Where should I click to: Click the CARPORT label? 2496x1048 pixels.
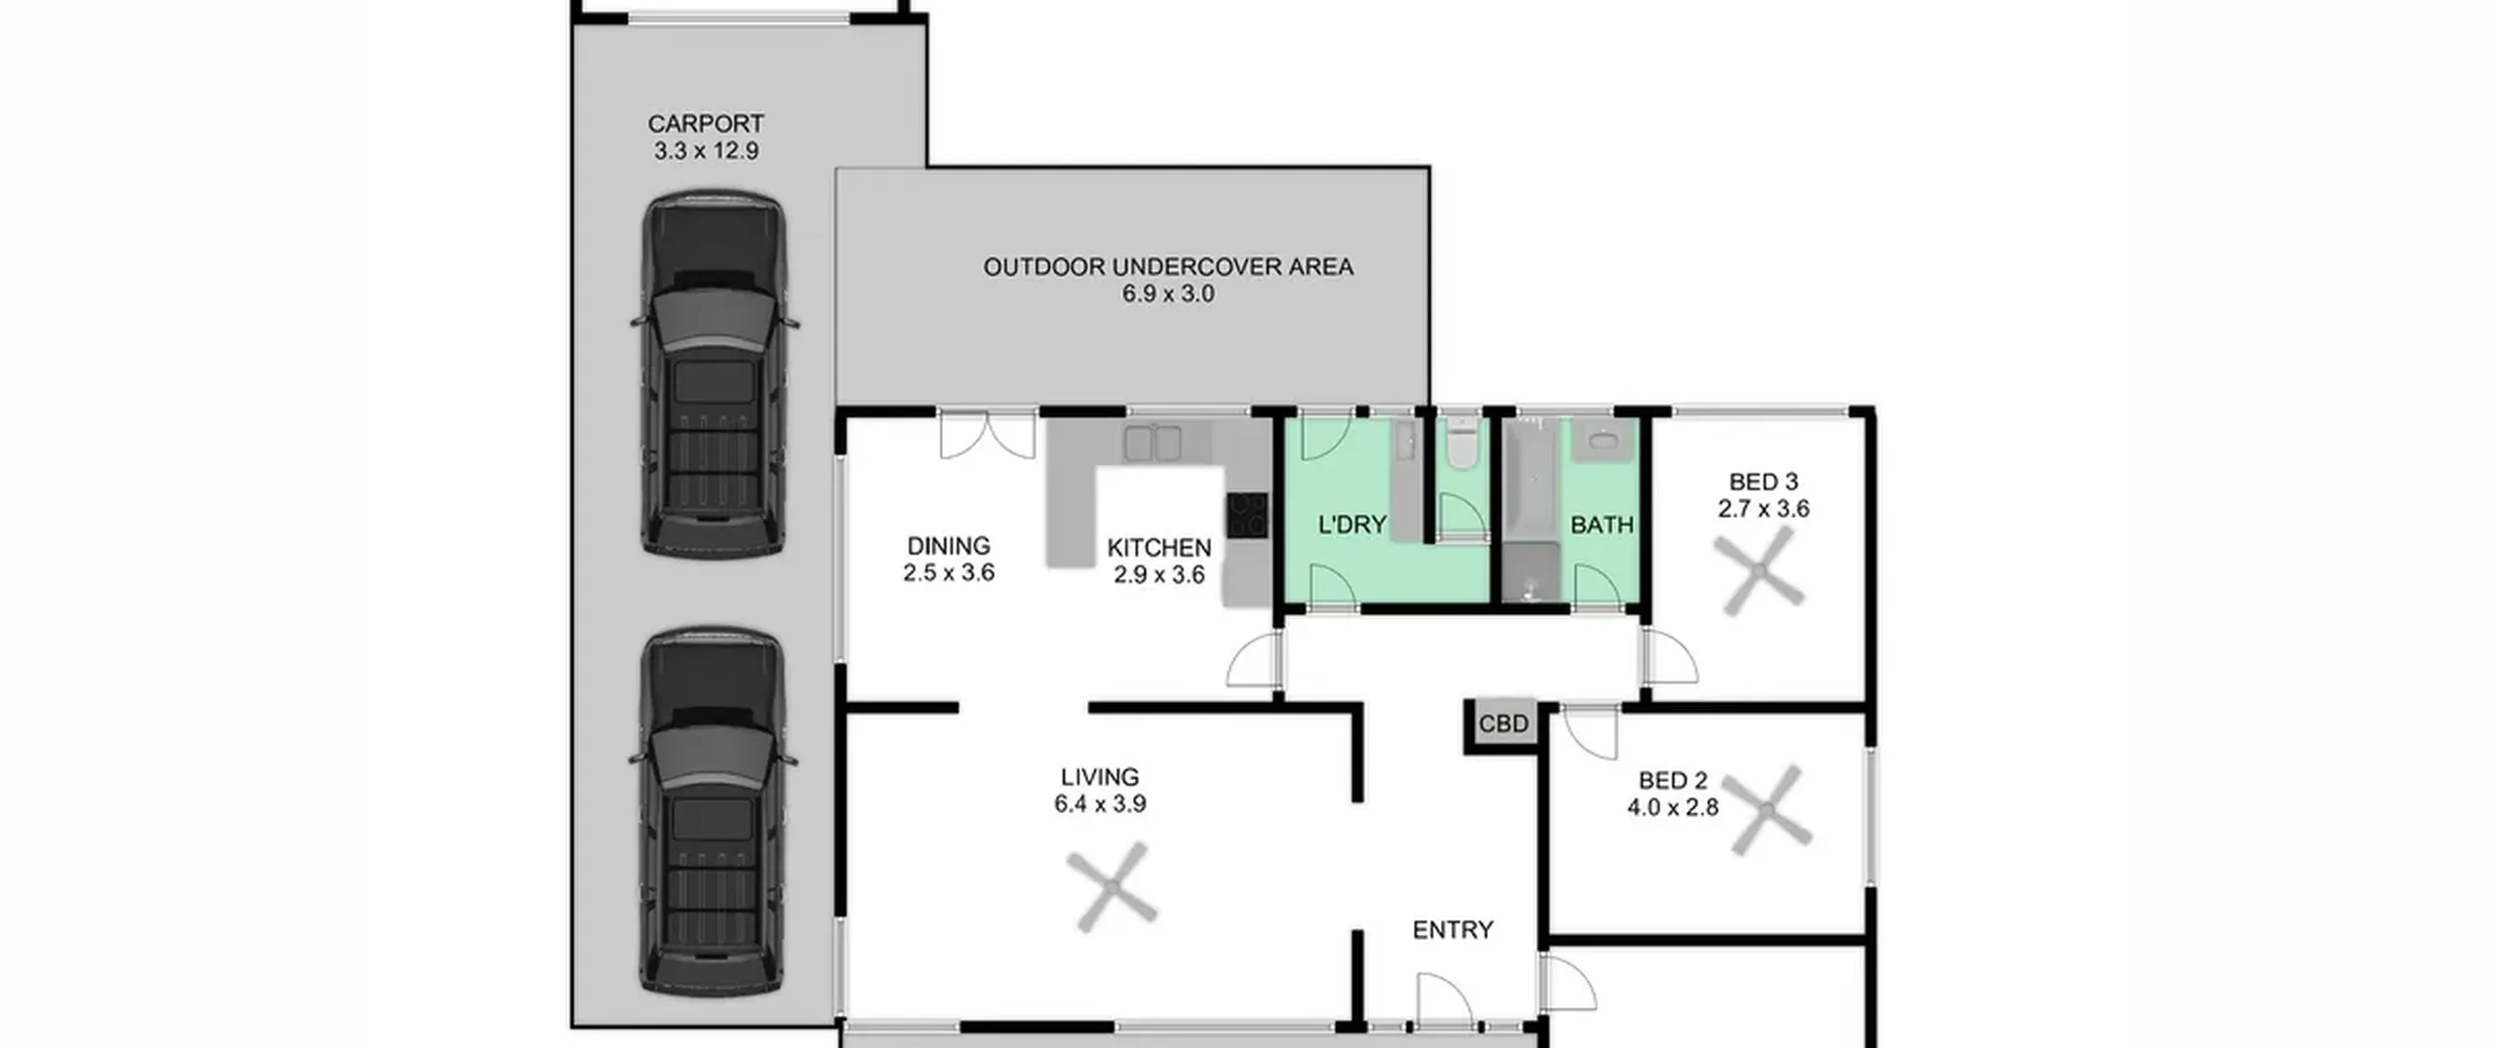(706, 124)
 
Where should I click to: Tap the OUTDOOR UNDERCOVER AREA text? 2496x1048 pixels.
(1168, 266)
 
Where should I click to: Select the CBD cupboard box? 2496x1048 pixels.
(1503, 724)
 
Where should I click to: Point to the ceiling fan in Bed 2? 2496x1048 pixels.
(1766, 810)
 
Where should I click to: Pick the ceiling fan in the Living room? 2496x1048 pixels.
(1111, 886)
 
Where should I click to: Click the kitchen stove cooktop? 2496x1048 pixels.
(1248, 515)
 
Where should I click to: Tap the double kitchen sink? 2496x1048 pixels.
(1152, 443)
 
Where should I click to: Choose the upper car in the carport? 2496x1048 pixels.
(714, 374)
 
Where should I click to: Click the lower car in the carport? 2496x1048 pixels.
(714, 812)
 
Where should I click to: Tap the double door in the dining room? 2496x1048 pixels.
(987, 437)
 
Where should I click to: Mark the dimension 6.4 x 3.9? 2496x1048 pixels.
(1100, 804)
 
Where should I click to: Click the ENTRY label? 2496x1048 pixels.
(1453, 930)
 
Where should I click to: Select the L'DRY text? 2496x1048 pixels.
(1351, 524)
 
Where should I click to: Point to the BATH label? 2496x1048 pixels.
(1602, 524)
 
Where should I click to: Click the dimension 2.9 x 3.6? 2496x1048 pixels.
(1159, 575)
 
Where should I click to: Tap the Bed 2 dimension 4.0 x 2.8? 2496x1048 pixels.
(1673, 807)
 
